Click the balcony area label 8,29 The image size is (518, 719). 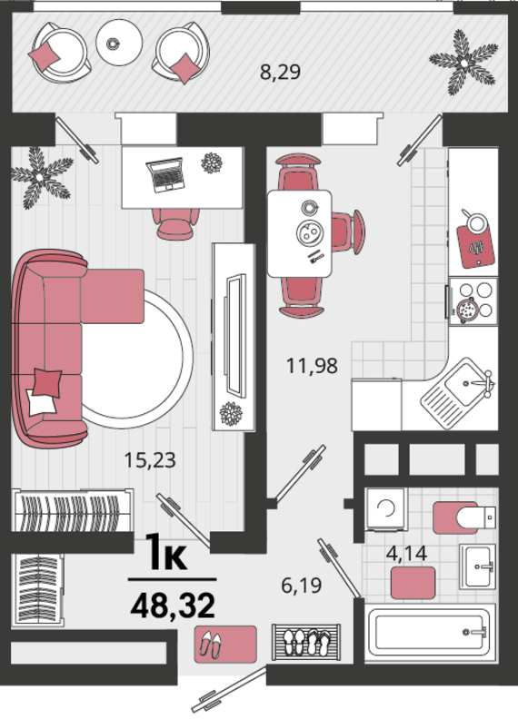[280, 73]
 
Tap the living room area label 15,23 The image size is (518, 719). [150, 460]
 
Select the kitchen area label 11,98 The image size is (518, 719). [312, 366]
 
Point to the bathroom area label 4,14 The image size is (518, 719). [407, 553]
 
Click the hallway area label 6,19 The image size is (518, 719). [301, 586]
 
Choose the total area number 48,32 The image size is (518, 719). [173, 606]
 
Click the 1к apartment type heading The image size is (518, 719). [166, 552]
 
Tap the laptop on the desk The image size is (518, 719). [165, 174]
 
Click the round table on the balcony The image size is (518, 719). [119, 43]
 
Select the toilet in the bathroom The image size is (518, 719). [463, 517]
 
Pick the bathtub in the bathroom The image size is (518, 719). [430, 633]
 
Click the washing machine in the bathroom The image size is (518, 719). [386, 508]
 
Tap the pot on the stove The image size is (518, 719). [468, 310]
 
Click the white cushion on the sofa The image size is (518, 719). [41, 402]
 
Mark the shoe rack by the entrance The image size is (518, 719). [306, 642]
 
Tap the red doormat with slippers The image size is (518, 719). [225, 644]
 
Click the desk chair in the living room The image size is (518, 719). [176, 223]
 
